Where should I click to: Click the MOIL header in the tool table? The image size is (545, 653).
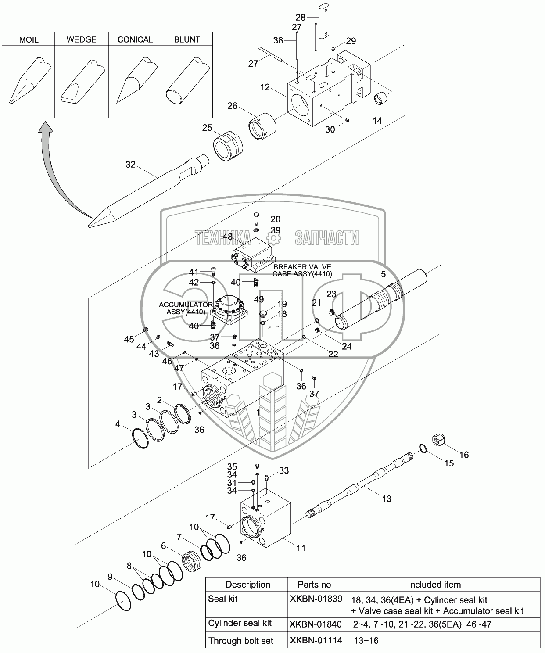pos(29,39)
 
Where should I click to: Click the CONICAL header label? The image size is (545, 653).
pos(135,39)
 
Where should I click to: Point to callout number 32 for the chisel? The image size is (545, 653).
pos(130,165)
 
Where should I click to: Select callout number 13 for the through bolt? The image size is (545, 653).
pos(386,499)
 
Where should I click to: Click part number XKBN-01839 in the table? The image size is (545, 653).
pos(316,599)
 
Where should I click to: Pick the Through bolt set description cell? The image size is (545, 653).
pos(240,641)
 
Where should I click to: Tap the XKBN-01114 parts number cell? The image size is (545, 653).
pos(316,641)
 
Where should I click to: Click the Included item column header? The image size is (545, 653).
pos(434,584)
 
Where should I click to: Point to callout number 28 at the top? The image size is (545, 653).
pos(300,17)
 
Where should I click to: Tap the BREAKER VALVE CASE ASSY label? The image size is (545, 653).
pos(302,270)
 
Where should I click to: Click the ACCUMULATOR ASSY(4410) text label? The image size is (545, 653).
pos(186,308)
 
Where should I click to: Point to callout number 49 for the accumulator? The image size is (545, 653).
pos(258,299)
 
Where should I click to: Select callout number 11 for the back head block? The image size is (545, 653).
pos(301,548)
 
